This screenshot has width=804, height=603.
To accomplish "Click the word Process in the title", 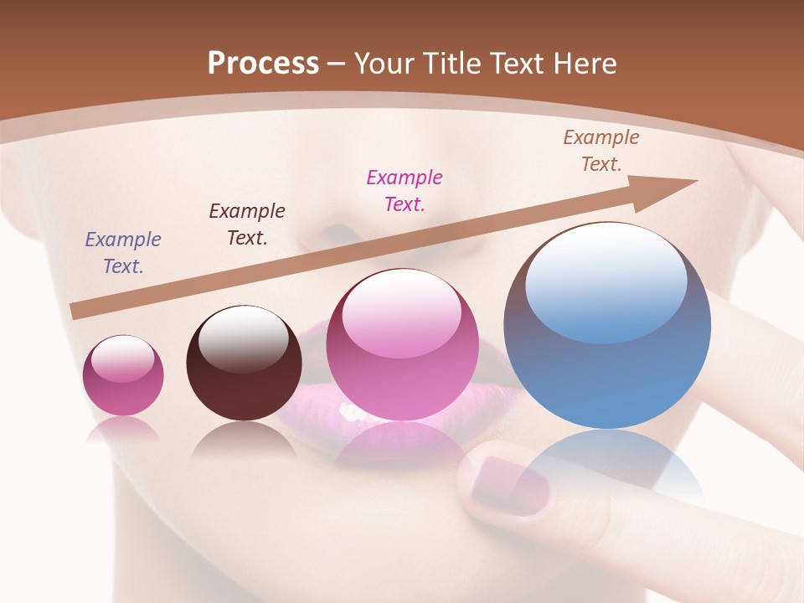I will point(263,64).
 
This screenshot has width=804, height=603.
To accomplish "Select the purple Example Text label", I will point(123,252).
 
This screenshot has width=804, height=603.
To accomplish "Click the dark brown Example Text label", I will point(247,224).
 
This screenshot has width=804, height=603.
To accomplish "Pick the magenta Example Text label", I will point(405,190).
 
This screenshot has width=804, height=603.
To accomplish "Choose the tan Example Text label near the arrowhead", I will point(601,150).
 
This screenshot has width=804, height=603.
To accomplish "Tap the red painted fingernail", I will point(508,485).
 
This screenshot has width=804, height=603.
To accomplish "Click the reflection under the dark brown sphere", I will point(244,440).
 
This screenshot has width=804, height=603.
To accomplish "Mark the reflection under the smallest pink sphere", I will point(122,429).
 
